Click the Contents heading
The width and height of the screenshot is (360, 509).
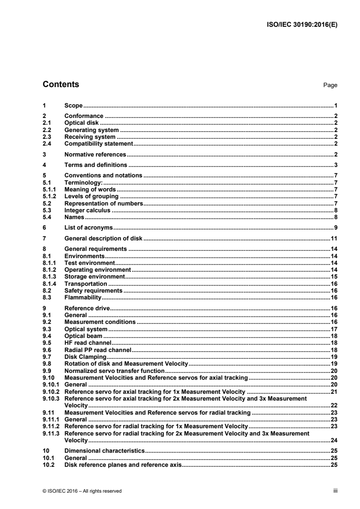[x=60, y=84]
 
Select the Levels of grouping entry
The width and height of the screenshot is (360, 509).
[x=92, y=196]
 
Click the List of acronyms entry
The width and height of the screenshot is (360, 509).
[x=89, y=227]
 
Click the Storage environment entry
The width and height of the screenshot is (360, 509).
[x=94, y=276]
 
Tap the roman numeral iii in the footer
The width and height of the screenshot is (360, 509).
[x=335, y=490]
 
